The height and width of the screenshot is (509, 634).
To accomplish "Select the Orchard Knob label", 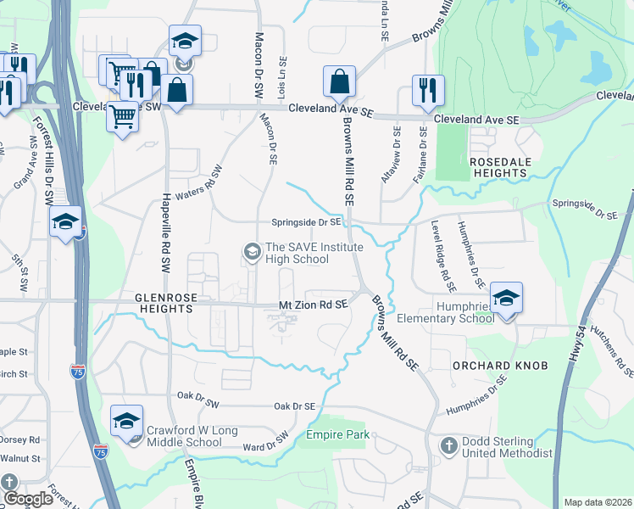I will click(x=500, y=366).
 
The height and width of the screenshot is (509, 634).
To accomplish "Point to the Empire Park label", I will click(x=338, y=435).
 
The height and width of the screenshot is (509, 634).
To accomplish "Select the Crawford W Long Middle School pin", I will click(x=126, y=422).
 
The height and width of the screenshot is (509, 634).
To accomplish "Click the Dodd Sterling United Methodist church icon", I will click(x=449, y=445).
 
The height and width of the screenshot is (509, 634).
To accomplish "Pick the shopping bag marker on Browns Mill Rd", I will click(x=339, y=83).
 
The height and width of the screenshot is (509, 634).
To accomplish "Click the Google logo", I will click(x=28, y=499).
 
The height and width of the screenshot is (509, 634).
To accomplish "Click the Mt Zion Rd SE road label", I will click(x=314, y=304).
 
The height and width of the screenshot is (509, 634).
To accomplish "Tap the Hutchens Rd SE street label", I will click(x=612, y=350).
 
